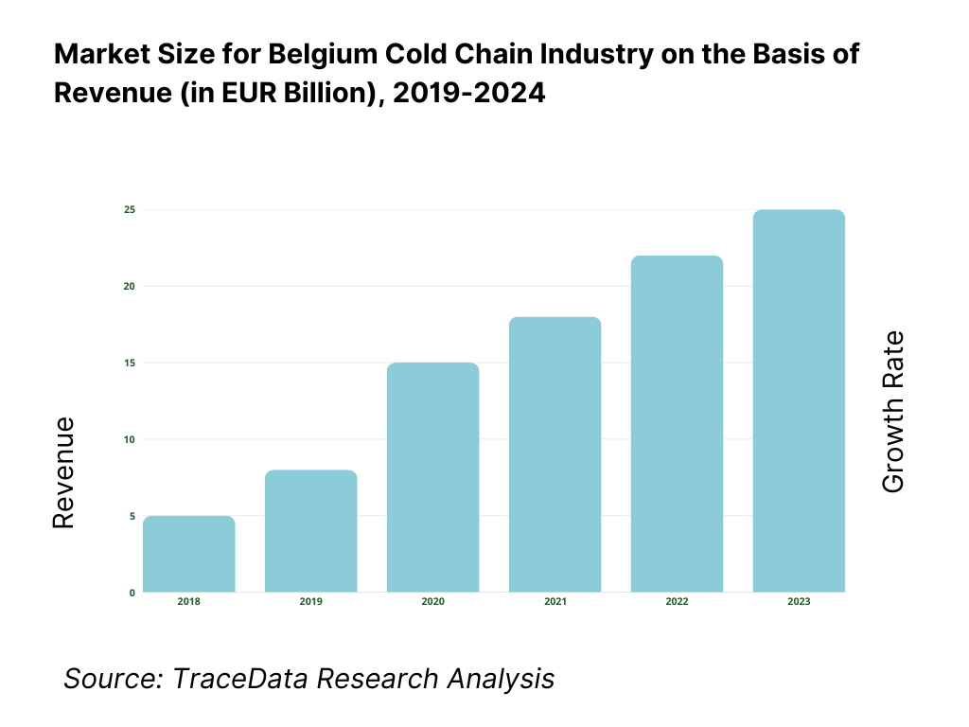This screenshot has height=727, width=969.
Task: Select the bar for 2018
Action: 189,555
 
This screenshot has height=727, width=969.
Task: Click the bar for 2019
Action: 311,532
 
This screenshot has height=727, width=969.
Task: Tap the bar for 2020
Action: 433,478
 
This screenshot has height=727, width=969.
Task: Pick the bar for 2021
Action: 555,455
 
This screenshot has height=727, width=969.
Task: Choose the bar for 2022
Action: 677,425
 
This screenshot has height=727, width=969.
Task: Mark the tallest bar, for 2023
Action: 799,401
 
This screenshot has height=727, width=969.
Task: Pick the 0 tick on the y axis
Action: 132,593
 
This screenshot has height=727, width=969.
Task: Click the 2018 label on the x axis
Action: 189,603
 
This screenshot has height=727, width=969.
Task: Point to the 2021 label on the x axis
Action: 555,603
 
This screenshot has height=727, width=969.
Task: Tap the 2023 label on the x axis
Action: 799,603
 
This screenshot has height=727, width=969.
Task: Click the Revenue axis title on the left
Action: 63,473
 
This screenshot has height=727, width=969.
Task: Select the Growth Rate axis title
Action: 893,412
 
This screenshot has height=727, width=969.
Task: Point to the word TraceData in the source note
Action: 242,679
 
